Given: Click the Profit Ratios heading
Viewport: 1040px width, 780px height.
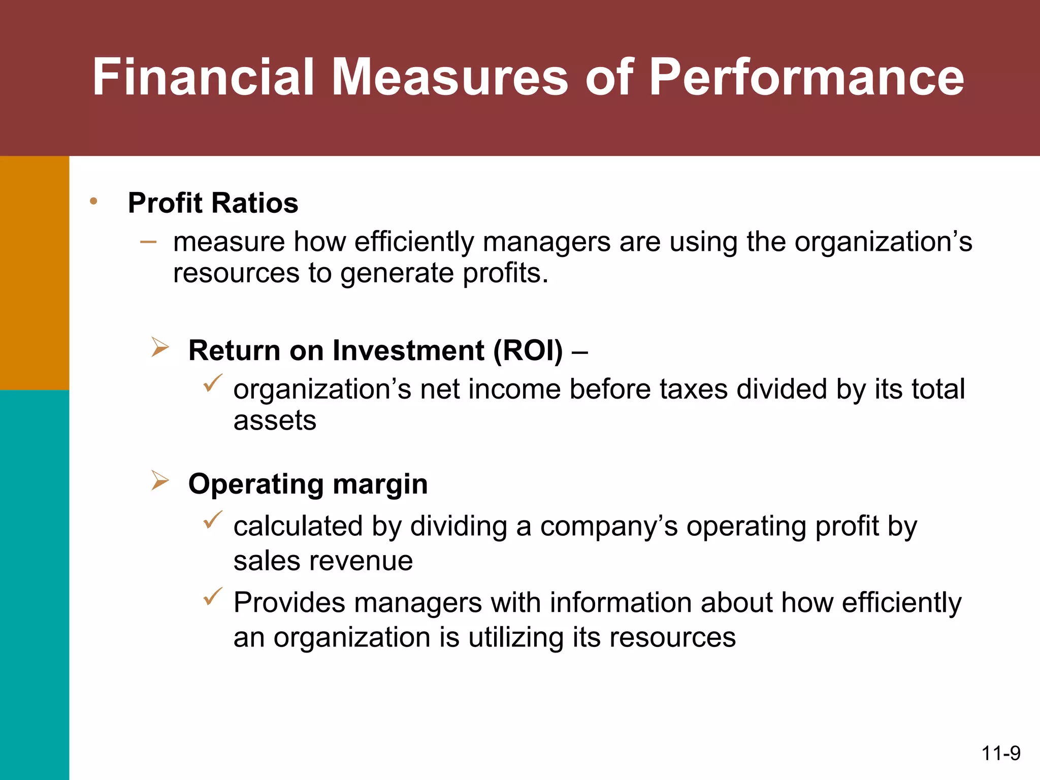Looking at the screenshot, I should pyautogui.click(x=213, y=203).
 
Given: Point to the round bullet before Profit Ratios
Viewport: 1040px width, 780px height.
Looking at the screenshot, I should pyautogui.click(x=93, y=202).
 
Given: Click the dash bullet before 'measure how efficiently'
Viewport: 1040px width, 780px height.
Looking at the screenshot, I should pyautogui.click(x=148, y=242).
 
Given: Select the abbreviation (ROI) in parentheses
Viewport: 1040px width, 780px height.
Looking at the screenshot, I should pyautogui.click(x=528, y=350).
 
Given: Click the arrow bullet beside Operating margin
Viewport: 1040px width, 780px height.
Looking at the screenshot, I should pyautogui.click(x=160, y=480).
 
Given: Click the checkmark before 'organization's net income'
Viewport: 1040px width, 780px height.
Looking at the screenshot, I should pyautogui.click(x=212, y=383).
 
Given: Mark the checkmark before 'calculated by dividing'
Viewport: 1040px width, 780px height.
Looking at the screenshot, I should pyautogui.click(x=212, y=520).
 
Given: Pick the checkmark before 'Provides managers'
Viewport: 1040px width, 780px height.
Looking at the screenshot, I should pyautogui.click(x=212, y=596).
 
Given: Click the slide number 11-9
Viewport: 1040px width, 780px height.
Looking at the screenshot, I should pyautogui.click(x=1000, y=754).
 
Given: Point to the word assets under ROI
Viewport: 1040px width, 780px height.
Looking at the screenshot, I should pyautogui.click(x=275, y=420).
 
